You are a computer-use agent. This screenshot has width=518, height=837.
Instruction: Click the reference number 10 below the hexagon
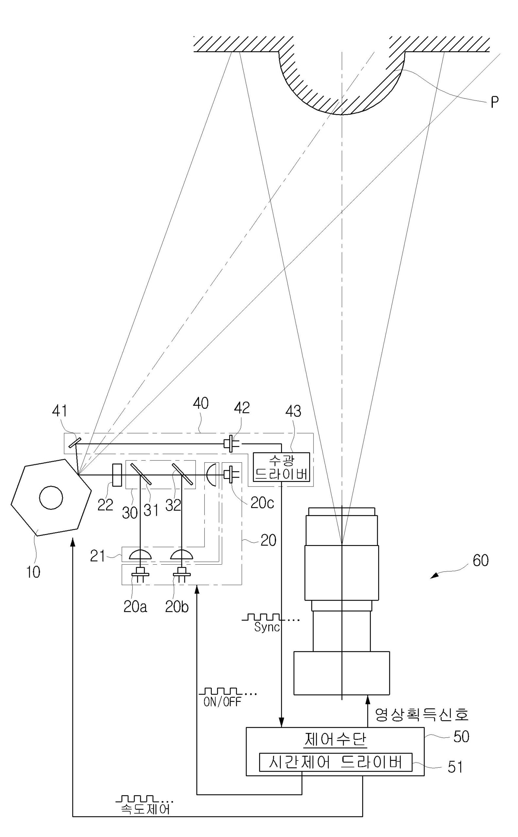pos(33,572)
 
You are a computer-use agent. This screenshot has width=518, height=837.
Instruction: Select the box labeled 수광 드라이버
pos(281,467)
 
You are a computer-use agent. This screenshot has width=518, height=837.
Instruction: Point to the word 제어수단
pos(335,740)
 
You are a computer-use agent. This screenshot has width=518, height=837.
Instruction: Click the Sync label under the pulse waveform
pos(267,627)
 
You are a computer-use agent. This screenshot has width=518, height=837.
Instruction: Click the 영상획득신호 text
pos(421,715)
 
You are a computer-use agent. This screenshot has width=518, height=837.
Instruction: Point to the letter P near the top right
pos(494,102)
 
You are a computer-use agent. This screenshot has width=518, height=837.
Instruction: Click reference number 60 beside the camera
pos(480,561)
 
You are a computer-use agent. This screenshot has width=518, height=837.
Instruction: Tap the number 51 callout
pos(455,767)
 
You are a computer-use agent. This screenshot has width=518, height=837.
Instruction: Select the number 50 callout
pos(461,737)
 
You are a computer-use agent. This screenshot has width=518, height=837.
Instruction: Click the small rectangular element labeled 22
pos(117,475)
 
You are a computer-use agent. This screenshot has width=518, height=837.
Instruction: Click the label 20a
pos(135,607)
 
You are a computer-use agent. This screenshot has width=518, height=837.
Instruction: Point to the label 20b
pos(177,607)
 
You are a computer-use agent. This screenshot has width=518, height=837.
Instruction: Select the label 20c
pos(262,503)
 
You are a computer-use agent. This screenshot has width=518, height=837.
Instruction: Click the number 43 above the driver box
pos(293,411)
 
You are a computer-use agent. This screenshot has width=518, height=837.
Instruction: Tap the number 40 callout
pos(201,403)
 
